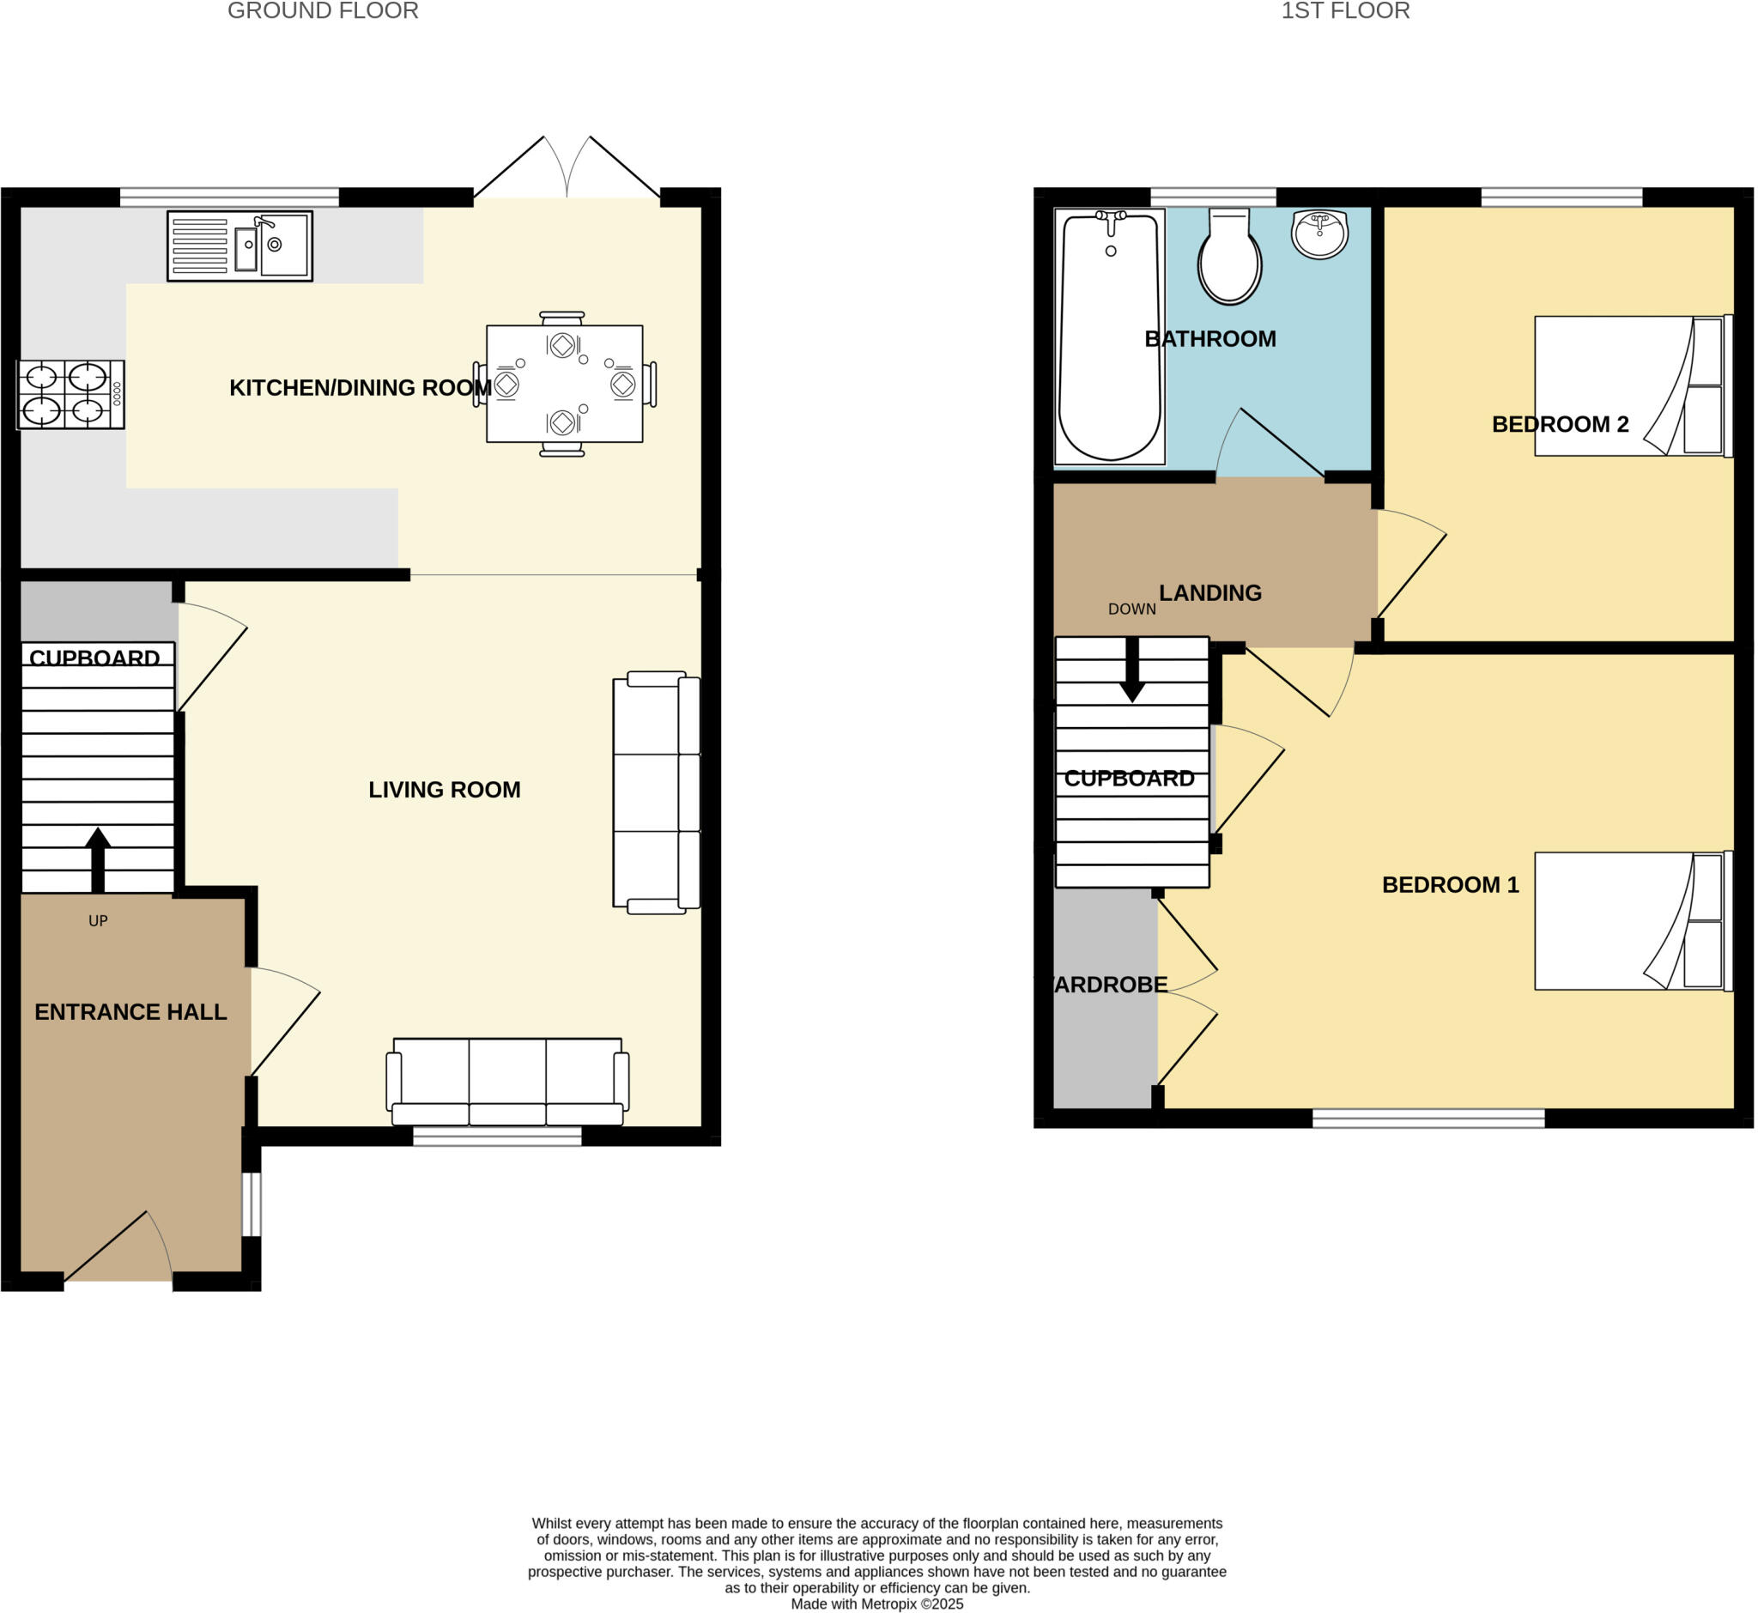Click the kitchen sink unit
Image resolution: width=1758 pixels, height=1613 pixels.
click(240, 246)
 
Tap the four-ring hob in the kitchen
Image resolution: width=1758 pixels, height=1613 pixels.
click(70, 395)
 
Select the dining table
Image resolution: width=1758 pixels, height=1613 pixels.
click(565, 384)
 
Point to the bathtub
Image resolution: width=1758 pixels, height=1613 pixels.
click(1109, 336)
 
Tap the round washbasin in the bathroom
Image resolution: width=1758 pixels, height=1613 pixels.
click(1320, 233)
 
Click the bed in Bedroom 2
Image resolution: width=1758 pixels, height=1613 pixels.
click(1632, 385)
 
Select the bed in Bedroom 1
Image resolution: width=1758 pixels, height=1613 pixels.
click(1632, 922)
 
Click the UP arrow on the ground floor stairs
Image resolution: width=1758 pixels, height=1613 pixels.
click(98, 860)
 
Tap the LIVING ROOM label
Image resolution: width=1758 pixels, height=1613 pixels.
click(445, 790)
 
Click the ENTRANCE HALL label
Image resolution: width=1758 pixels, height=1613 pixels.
click(131, 1012)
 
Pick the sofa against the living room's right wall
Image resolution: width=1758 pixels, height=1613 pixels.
click(657, 792)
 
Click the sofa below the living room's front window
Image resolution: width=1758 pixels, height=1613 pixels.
click(507, 1082)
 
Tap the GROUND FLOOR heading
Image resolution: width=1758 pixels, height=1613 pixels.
click(323, 11)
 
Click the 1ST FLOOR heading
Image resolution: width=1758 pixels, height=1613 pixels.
click(1345, 11)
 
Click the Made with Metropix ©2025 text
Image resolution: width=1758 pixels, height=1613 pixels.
click(877, 1604)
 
